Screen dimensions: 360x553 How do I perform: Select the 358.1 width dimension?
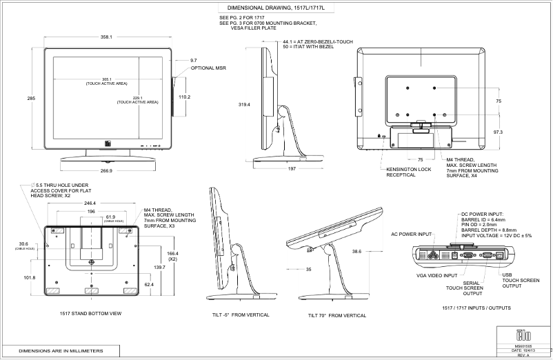pyautogui.click(x=106, y=37)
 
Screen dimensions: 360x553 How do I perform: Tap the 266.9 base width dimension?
pyautogui.click(x=106, y=170)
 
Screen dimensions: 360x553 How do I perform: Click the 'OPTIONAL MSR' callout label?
pyautogui.click(x=208, y=68)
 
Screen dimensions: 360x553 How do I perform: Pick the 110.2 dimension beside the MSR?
pyautogui.click(x=184, y=97)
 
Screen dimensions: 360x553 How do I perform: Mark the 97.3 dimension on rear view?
pyautogui.click(x=499, y=132)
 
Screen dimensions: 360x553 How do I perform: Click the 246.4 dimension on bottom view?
pyautogui.click(x=90, y=203)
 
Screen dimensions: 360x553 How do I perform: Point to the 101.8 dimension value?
pyautogui.click(x=30, y=278)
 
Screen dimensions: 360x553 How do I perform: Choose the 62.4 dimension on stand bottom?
pyautogui.click(x=149, y=283)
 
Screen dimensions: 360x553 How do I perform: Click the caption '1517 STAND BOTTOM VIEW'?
pyautogui.click(x=90, y=314)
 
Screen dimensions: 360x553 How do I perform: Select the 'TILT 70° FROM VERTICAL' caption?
pyautogui.click(x=336, y=315)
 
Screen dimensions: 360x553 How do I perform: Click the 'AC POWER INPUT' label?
pyautogui.click(x=412, y=234)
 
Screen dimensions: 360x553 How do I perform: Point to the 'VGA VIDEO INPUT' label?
pyautogui.click(x=436, y=275)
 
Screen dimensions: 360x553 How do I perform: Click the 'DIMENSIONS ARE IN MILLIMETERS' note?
pyautogui.click(x=61, y=351)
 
